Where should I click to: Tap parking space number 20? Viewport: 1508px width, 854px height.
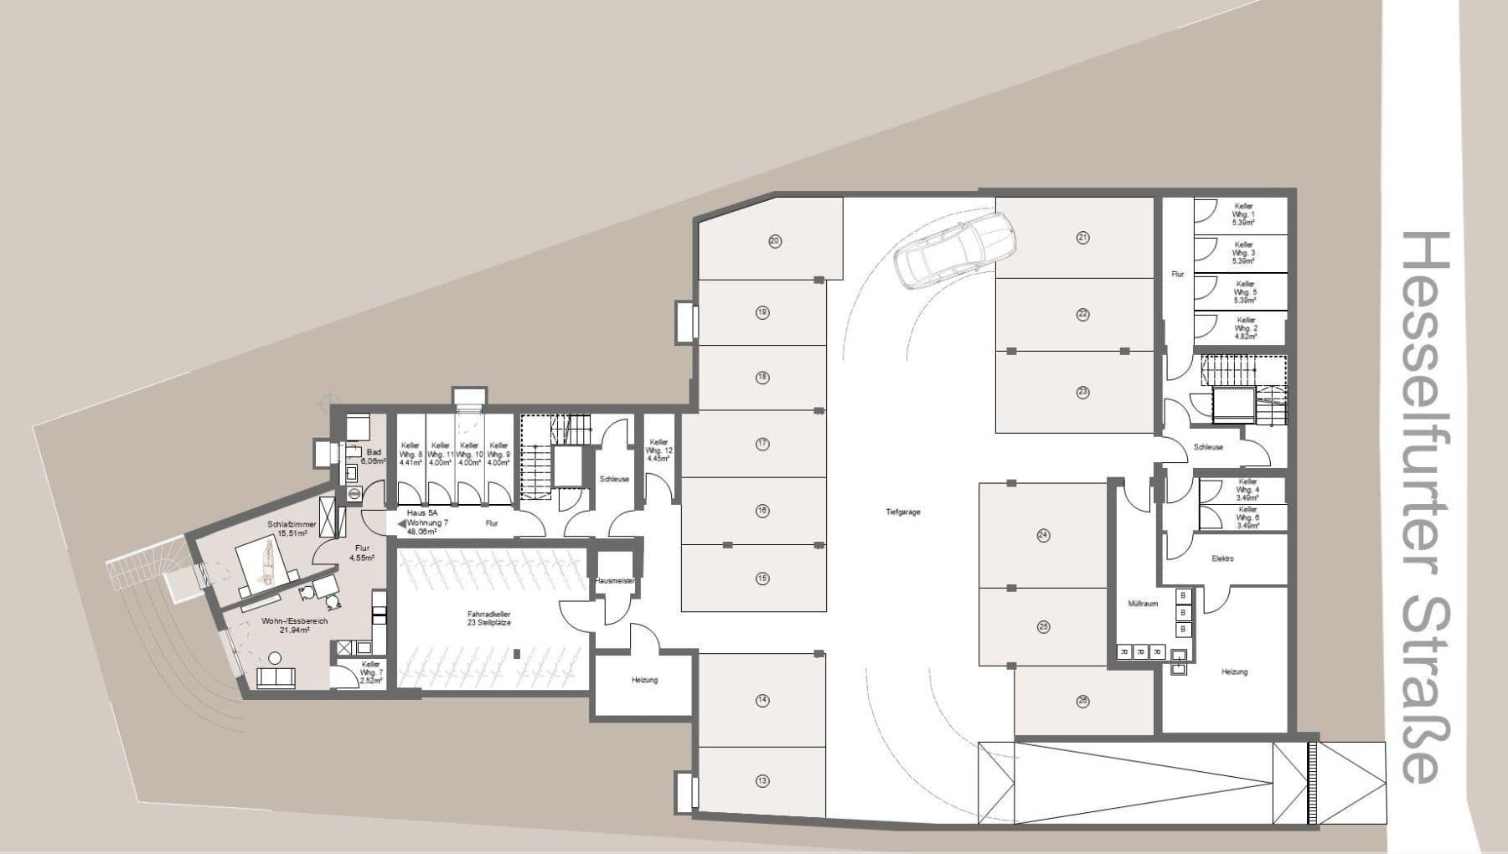click(x=774, y=241)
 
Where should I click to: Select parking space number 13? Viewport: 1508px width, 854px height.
click(x=762, y=781)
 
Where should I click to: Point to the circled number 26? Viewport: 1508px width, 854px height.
click(x=1082, y=702)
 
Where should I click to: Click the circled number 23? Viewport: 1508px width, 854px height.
click(x=1082, y=392)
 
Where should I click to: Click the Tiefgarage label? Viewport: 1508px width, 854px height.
click(x=902, y=512)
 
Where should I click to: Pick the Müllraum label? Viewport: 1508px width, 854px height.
click(x=1143, y=603)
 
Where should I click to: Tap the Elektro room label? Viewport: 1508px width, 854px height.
click(x=1222, y=558)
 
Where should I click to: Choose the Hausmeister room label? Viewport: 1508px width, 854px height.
click(x=615, y=579)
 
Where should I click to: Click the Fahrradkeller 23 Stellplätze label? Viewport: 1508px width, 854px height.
click(x=489, y=618)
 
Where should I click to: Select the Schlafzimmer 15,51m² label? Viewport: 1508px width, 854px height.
click(x=292, y=528)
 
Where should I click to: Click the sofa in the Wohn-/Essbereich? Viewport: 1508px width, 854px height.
click(x=276, y=677)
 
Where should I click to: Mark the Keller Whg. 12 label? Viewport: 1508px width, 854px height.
click(x=659, y=450)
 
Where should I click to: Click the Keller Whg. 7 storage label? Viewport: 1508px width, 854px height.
click(x=370, y=672)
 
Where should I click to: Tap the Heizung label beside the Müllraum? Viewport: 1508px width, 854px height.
click(x=1234, y=671)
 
